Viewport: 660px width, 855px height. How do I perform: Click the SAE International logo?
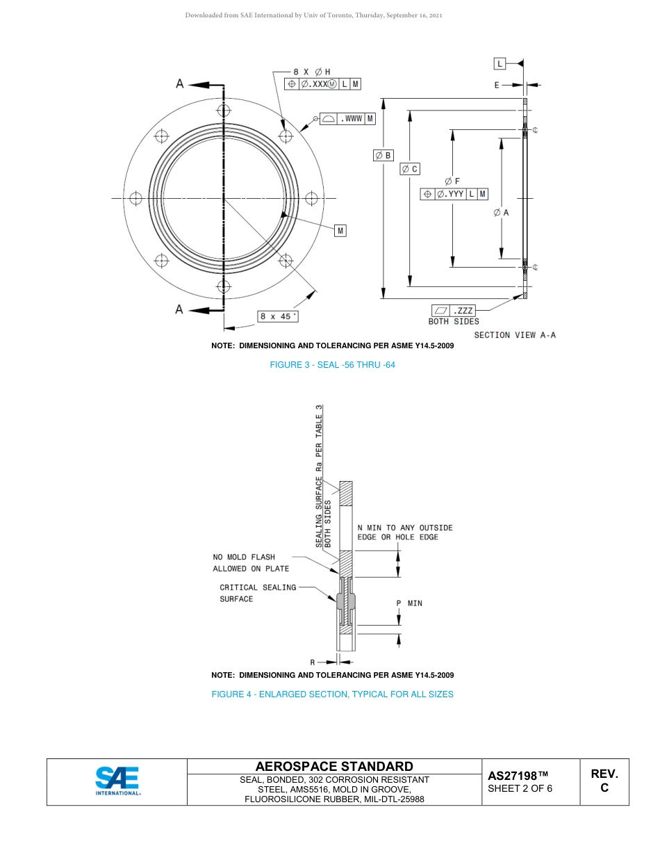click(117, 781)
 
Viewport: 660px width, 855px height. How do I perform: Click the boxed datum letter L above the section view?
click(500, 64)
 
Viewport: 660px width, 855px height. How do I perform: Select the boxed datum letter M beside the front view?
click(340, 230)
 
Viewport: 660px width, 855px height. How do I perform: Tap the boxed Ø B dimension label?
click(383, 155)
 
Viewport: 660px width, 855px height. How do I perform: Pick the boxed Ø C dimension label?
click(410, 169)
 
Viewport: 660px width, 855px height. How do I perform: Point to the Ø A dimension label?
click(501, 213)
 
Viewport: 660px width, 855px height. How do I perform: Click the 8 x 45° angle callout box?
click(278, 316)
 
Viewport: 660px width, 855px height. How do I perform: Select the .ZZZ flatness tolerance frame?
click(454, 310)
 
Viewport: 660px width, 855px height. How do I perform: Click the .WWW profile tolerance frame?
click(348, 119)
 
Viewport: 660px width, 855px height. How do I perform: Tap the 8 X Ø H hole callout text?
click(311, 72)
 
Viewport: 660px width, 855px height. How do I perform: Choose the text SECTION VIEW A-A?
click(515, 335)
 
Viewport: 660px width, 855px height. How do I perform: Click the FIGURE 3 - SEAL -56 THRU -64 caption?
click(332, 365)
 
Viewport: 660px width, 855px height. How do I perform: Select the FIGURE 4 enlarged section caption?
click(332, 694)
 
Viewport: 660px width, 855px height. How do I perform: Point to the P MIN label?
click(409, 603)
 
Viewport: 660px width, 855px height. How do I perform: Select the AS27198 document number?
click(518, 776)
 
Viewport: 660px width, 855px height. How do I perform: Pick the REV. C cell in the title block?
click(604, 781)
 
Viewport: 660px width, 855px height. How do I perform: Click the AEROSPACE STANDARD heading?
click(334, 766)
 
